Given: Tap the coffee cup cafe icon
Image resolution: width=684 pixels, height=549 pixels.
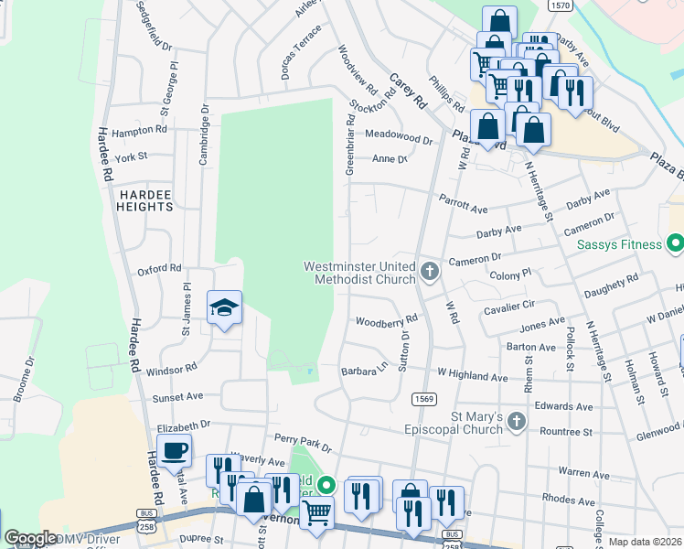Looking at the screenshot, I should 174,450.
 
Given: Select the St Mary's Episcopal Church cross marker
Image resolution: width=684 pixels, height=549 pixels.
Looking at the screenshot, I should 517,422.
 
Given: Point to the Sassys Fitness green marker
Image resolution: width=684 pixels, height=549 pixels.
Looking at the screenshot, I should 675,244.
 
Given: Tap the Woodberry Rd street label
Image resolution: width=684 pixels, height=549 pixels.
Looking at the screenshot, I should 386,321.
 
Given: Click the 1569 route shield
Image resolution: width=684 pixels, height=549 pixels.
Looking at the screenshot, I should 423,398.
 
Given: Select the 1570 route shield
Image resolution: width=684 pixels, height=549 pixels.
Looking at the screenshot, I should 561,5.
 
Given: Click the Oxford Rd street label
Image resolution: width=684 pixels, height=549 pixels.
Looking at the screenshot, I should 159,270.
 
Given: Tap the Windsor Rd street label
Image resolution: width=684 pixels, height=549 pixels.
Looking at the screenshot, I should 171,370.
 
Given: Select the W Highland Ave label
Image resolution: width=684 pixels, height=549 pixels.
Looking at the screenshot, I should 472,375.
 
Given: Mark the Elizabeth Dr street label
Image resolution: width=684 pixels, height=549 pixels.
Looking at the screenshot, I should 184,426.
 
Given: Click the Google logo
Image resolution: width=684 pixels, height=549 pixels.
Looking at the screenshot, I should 30,538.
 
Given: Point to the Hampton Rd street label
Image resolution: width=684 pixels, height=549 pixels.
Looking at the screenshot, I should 137,130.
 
